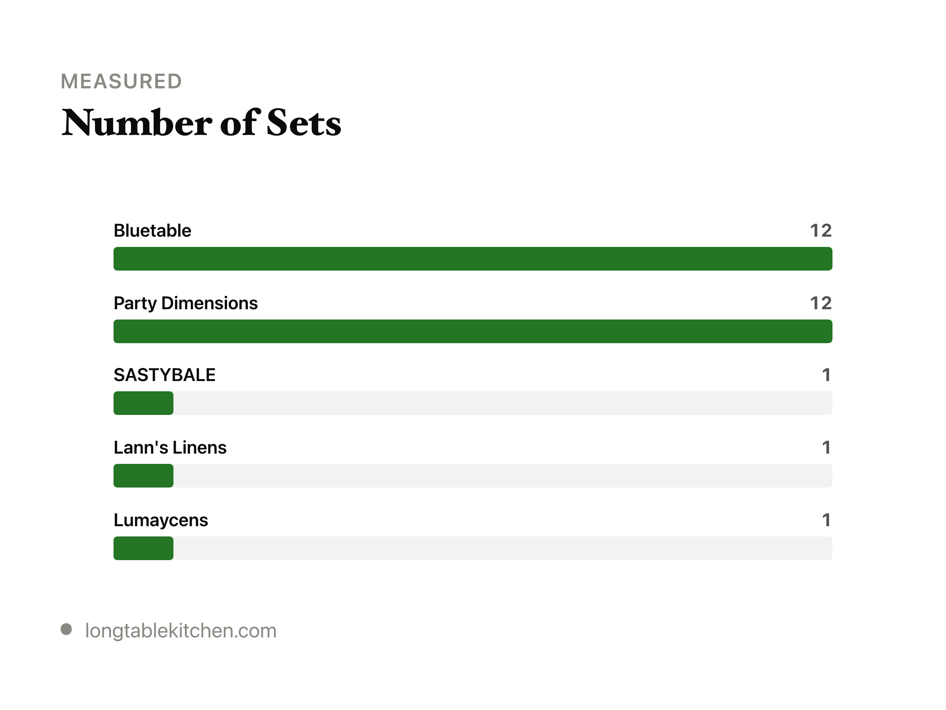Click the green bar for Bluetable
point(473,258)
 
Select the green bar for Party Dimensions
point(473,331)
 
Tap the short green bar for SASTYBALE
point(143,403)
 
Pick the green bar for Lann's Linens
point(143,475)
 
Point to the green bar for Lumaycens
point(143,548)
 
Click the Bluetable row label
point(152,231)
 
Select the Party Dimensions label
point(186,303)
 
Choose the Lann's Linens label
point(170,448)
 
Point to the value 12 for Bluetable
point(821,231)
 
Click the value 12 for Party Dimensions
point(821,303)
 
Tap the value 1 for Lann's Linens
point(826,448)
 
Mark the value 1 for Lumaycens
point(826,520)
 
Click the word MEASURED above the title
point(121,81)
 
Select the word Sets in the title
point(304,123)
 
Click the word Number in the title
point(137,123)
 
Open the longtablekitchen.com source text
point(181,630)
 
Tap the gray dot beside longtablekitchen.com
point(66,629)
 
